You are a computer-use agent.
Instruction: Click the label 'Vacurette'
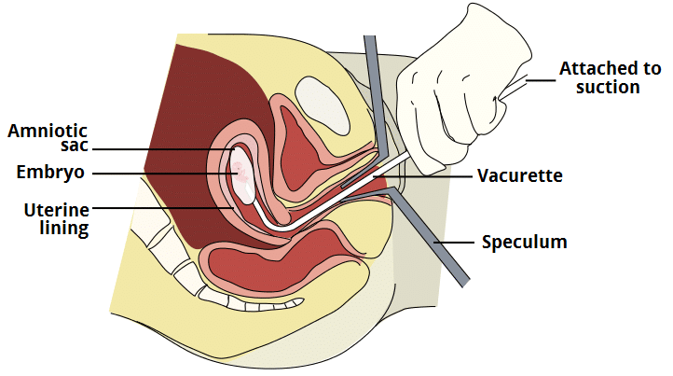[x=520, y=174]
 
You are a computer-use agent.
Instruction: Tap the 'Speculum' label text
[x=524, y=243]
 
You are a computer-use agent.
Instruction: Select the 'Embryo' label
[x=50, y=173]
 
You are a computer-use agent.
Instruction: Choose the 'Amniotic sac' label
[x=47, y=139]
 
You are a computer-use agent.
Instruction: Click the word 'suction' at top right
[x=609, y=87]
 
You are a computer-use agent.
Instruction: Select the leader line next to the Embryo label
[x=158, y=173]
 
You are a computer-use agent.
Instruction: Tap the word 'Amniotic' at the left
[x=47, y=130]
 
